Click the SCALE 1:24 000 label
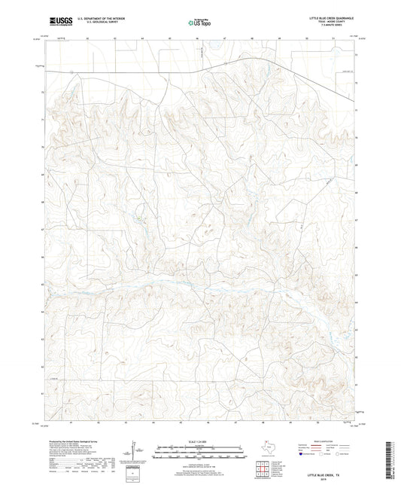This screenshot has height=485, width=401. point(199,441)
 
